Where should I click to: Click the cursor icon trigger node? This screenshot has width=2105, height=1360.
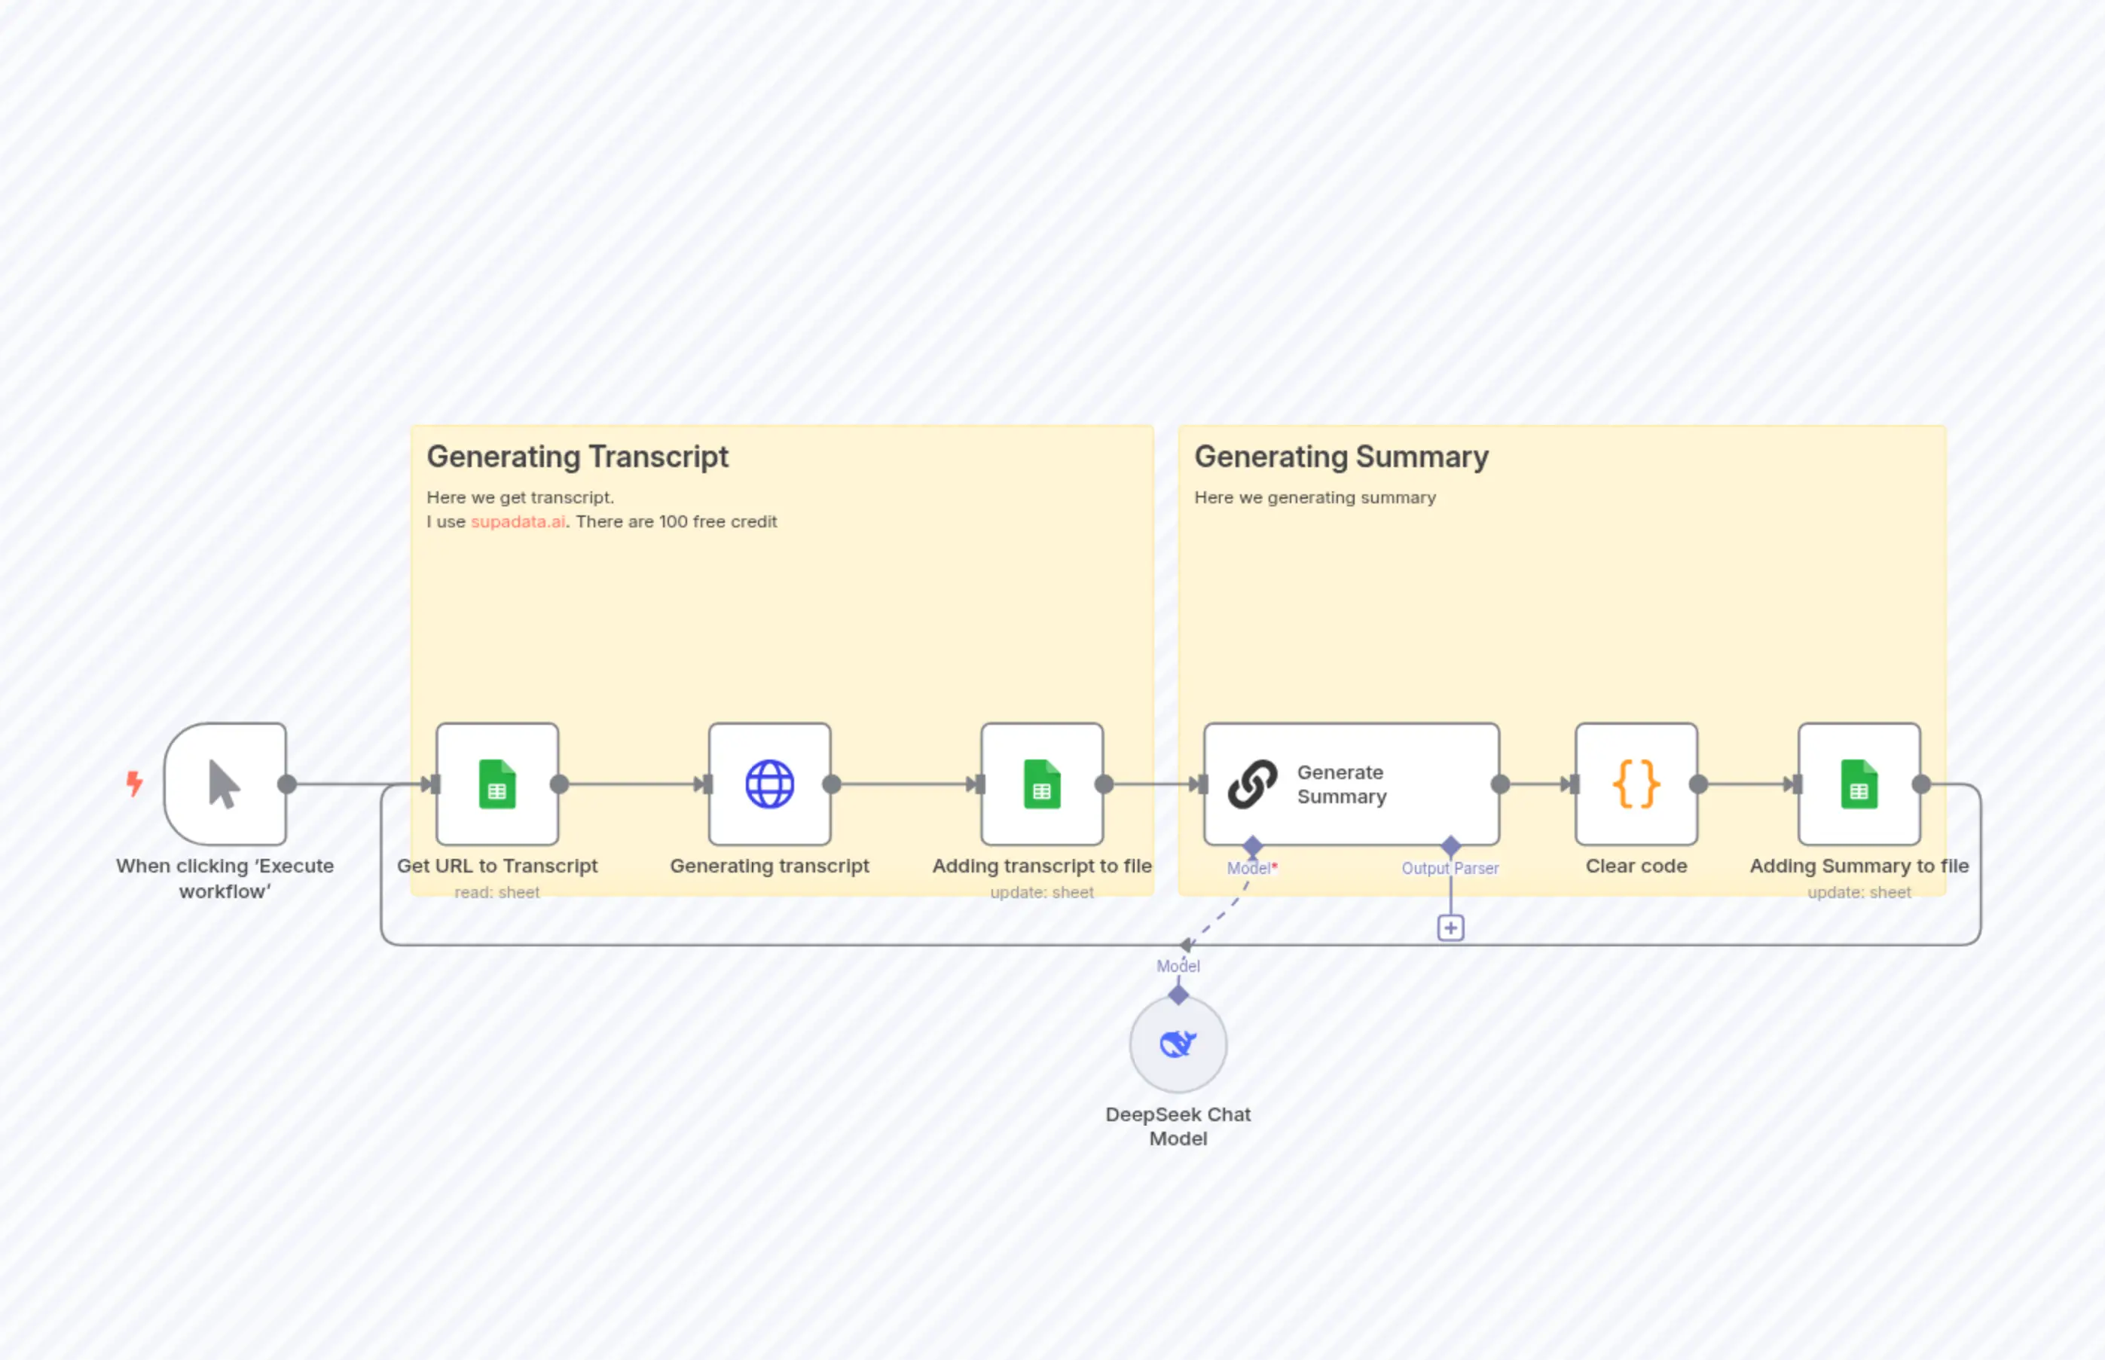pos(225,784)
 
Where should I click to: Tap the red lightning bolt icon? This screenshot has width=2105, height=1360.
pos(134,784)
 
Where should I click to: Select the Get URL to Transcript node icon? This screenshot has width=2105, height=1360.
pos(497,784)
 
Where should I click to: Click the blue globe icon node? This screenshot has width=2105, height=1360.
pos(769,784)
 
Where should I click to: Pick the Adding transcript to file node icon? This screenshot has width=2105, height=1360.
pos(1042,784)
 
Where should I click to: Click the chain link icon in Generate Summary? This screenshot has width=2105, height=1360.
pos(1252,784)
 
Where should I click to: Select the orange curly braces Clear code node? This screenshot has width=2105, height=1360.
pos(1636,784)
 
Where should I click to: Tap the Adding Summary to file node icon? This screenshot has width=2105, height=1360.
pos(1859,784)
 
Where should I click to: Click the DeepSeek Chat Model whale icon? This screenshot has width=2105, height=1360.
pos(1178,1045)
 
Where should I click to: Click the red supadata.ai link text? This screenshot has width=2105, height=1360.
pos(518,522)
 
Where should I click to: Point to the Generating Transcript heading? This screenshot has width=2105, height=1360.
pos(577,457)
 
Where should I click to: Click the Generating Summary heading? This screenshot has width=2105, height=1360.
pos(1341,457)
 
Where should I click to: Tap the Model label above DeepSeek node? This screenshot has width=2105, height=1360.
pos(1178,966)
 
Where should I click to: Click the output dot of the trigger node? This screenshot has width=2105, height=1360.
pos(287,784)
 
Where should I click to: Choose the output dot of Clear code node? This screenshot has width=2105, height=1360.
pos(1698,784)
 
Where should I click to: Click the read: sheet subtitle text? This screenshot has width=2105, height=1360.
pos(497,893)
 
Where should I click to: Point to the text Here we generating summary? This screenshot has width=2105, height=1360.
pos(1315,498)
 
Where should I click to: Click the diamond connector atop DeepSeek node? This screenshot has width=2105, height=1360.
pos(1178,995)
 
